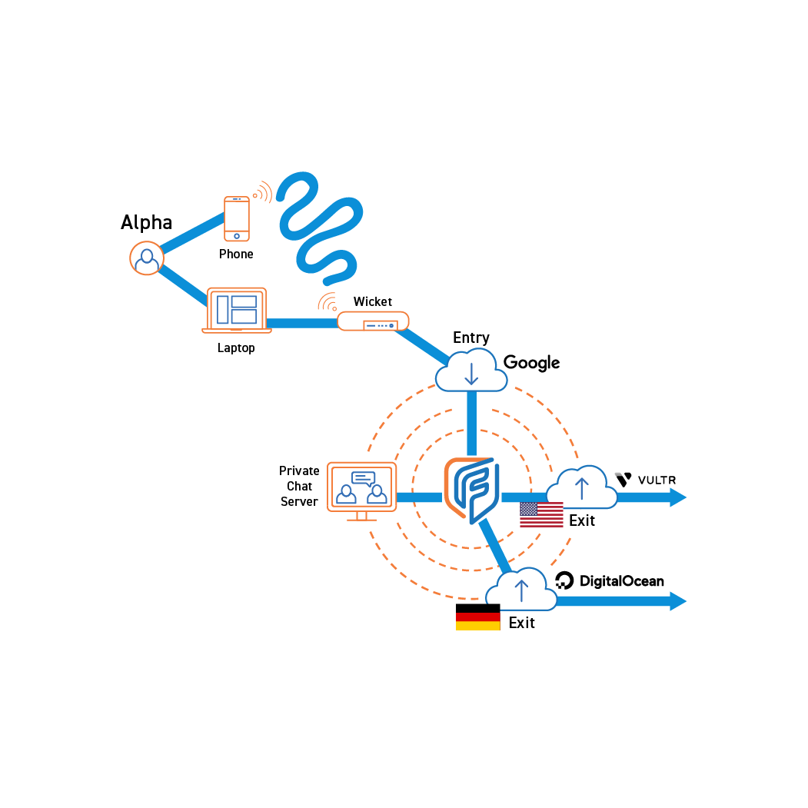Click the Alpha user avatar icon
pos(146,258)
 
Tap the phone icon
pos(237,219)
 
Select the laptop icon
pos(237,311)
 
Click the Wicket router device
pos(373,321)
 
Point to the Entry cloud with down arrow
pos(471,370)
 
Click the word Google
pos(531,363)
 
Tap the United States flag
pos(541,514)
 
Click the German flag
pos(478,617)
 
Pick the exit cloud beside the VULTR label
pos(582,487)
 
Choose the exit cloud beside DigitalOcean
pos(521,590)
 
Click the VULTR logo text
pos(657,480)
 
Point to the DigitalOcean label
pos(621,581)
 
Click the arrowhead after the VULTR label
pos(677,497)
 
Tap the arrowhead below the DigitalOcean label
pos(677,600)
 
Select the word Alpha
pos(146,223)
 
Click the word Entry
pos(471,337)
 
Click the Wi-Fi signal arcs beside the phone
pos(263,191)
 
